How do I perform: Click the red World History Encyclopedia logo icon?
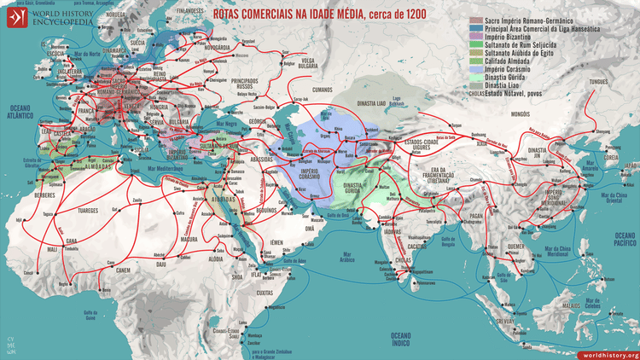pyautogui.click(x=15, y=17)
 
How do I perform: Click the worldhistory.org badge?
pyautogui.click(x=609, y=354)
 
